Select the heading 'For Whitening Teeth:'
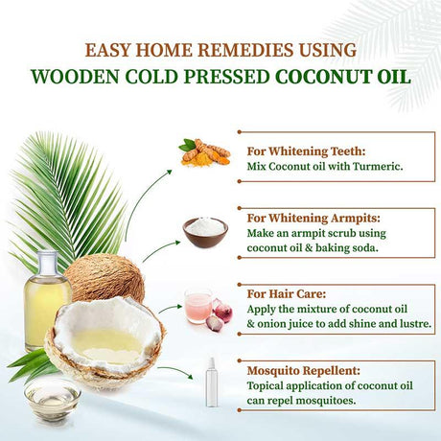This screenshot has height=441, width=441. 290,151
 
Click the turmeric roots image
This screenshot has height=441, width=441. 205,151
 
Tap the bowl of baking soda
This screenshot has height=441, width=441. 205,231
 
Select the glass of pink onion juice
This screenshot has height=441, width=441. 197,305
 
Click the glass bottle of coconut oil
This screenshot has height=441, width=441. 46,297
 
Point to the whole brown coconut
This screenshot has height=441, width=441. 105,278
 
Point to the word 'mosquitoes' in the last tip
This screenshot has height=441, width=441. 320,402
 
